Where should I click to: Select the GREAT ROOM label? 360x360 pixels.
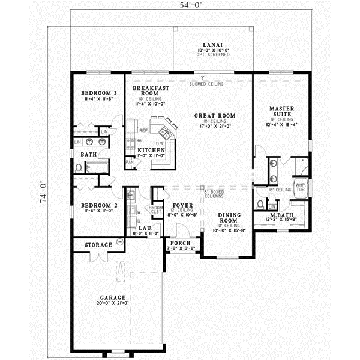tap(214, 116)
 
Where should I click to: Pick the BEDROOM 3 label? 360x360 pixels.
tap(98, 94)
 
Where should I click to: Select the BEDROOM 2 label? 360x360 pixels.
tap(99, 205)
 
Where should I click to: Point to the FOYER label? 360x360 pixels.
tap(183, 206)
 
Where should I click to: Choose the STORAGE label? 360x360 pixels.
tap(98, 245)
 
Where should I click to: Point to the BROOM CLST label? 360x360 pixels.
tap(156, 209)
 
